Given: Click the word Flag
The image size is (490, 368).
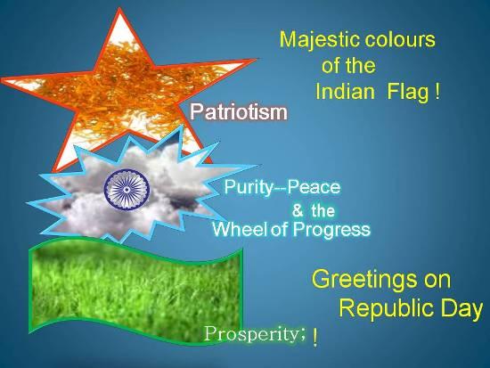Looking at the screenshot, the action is (408, 93).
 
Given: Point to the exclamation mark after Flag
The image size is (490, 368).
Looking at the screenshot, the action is (437, 91).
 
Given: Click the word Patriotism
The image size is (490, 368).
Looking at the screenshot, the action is (239, 111).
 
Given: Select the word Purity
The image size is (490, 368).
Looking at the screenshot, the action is (249, 188).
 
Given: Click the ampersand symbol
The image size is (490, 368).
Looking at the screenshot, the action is (298, 210).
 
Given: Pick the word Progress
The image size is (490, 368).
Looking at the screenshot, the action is (331, 230).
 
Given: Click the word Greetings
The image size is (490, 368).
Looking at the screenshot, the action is (364, 280).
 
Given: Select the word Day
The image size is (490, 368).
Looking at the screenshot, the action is (461, 309).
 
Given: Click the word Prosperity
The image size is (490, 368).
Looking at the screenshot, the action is (251, 334).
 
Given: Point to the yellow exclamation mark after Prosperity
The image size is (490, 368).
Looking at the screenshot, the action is (315, 339).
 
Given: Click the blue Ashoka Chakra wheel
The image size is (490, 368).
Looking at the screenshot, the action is (127, 189).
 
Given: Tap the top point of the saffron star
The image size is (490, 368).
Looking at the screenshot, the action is (119, 9).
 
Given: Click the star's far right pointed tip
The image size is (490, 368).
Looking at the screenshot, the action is (256, 59).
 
